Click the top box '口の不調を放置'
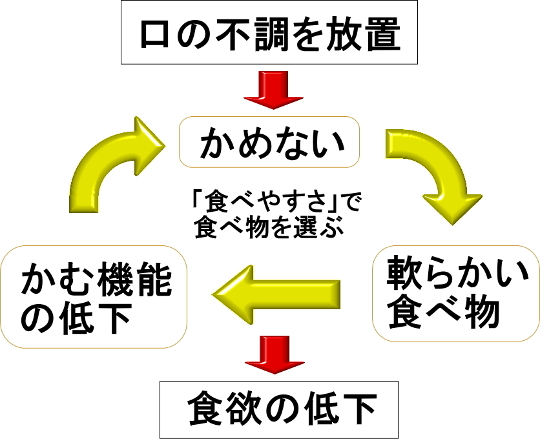point(269,34)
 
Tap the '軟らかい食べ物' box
point(455,292)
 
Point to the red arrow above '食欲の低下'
point(272,354)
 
